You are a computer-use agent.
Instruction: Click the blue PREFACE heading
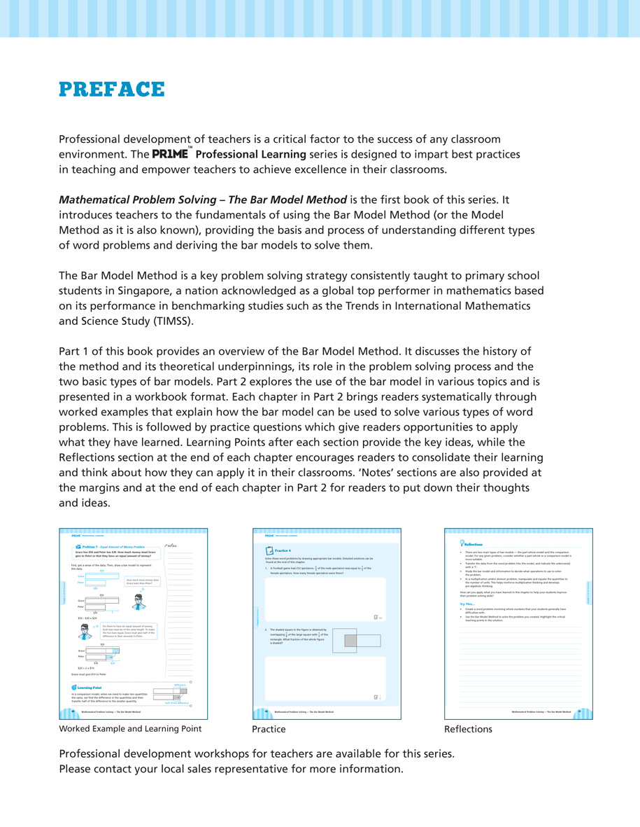point(112,90)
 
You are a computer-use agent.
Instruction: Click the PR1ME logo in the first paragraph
point(171,155)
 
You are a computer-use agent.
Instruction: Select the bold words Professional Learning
point(251,155)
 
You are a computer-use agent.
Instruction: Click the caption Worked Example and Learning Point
point(130,729)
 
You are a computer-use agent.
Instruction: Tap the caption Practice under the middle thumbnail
point(269,730)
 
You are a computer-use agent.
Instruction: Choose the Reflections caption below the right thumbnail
point(468,730)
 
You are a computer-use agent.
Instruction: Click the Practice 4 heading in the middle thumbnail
point(283,551)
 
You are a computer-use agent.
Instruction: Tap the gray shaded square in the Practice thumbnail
point(350,640)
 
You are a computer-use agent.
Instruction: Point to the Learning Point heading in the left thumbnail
point(90,688)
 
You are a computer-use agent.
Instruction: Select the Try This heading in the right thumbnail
point(467,604)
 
